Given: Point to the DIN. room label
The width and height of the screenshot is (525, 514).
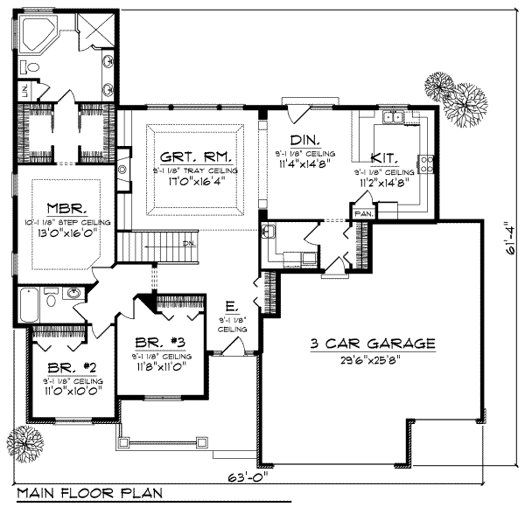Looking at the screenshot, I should point(304,140).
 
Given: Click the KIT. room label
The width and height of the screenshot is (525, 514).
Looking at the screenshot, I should point(385,158).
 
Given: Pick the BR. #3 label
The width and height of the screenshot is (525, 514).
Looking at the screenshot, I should point(158,342).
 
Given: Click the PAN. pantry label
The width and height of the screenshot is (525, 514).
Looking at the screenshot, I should point(361,212).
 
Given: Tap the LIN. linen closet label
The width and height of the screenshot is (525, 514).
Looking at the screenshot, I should point(26,89).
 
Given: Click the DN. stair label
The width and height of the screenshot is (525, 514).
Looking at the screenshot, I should point(187,243).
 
